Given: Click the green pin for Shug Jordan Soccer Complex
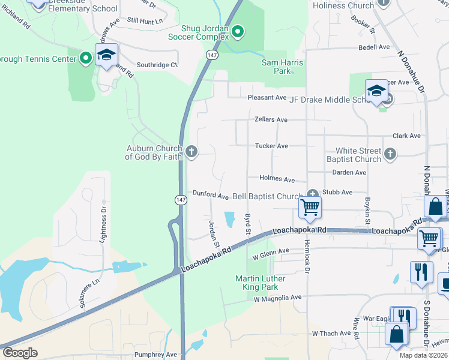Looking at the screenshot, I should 238,32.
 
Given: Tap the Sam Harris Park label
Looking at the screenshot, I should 282,67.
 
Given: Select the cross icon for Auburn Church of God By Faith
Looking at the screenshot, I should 191,151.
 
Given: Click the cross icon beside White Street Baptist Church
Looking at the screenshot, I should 390,154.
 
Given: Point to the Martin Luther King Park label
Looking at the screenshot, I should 261,283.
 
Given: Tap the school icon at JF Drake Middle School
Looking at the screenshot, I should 377,92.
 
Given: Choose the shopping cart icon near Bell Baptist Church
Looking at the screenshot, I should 310,208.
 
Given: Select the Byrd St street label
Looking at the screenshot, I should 247,223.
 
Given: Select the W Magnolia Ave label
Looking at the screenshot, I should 277,298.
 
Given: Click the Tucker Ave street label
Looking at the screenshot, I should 271,146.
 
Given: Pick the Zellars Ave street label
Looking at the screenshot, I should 271,120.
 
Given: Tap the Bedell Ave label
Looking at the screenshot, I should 374,47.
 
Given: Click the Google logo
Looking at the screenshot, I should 20,353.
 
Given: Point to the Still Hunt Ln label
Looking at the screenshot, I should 145,21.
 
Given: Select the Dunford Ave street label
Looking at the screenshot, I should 210,195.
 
